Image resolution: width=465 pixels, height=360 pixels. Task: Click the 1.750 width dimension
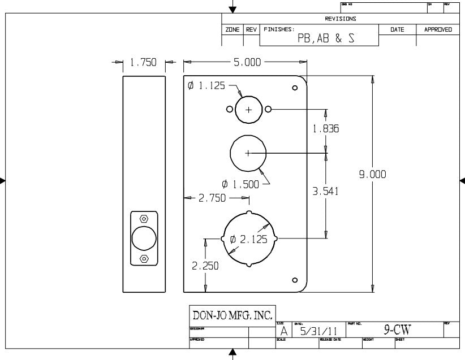(x=143, y=63)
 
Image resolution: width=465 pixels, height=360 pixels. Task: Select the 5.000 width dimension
(x=247, y=63)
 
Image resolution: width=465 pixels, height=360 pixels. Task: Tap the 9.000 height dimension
(x=372, y=175)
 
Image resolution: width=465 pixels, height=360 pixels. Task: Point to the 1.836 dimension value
(x=326, y=129)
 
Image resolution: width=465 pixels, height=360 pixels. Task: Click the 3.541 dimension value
(x=326, y=192)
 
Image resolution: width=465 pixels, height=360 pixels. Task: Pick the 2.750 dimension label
(x=212, y=198)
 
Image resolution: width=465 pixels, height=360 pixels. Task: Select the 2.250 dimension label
(x=205, y=266)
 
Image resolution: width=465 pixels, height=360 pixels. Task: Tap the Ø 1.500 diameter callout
(x=241, y=184)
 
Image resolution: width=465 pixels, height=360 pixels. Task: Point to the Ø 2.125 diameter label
(x=249, y=239)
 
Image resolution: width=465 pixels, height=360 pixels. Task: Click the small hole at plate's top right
(x=295, y=88)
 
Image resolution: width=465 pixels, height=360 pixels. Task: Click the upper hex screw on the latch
(x=144, y=219)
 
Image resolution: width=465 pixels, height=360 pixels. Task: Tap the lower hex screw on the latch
(x=144, y=259)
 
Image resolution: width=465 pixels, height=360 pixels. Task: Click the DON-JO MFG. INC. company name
(x=232, y=314)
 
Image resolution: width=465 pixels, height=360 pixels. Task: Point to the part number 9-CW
(x=397, y=330)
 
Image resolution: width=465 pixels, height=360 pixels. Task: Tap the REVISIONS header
(x=341, y=19)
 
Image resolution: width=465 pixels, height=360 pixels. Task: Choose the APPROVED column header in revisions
(x=438, y=29)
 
